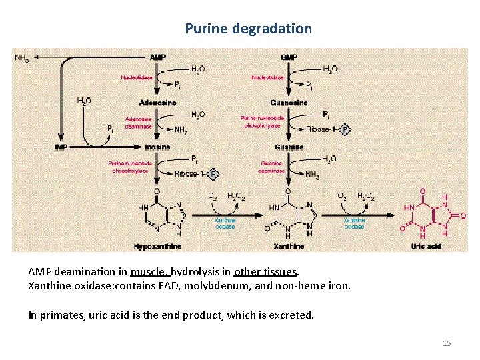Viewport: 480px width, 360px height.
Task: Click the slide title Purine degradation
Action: point(248,29)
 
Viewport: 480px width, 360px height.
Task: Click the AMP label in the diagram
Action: point(158,57)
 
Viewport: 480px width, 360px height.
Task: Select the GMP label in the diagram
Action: point(289,57)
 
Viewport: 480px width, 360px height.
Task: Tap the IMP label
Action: point(61,147)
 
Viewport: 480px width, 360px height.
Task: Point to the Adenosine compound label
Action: point(158,102)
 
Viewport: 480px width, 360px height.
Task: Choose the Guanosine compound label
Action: point(289,102)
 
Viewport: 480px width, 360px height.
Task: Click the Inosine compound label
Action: point(157,147)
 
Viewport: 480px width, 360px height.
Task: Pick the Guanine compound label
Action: point(289,147)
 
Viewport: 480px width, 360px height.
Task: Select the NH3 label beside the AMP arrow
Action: point(21,58)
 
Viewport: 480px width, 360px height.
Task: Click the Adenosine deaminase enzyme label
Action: point(138,123)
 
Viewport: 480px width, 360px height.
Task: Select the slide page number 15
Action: point(447,343)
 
